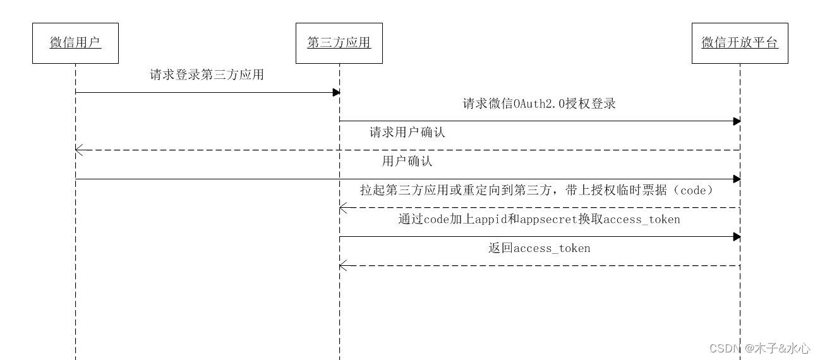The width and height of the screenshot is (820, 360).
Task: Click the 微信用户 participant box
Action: pos(75,43)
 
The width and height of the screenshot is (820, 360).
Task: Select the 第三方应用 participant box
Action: pos(339,43)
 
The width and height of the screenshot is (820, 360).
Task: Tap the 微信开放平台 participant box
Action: pos(740,43)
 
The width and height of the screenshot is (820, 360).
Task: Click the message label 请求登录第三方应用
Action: pos(207,75)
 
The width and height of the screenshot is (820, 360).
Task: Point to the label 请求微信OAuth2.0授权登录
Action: pos(539,104)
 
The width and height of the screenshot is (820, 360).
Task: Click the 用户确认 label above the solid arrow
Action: pos(407,161)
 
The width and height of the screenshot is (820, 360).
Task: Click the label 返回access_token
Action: pos(539,248)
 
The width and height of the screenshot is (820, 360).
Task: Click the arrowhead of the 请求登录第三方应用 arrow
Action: pos(337,93)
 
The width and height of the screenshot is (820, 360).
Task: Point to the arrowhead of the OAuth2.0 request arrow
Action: pos(737,121)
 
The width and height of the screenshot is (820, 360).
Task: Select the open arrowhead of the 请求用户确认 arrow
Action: pos(78,150)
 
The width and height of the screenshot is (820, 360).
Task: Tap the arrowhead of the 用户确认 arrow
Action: pos(737,179)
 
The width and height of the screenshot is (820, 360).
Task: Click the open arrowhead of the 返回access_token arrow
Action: pos(342,266)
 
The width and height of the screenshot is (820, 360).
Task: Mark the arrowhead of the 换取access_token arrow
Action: pos(737,237)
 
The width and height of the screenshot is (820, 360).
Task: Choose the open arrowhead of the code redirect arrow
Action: pos(342,208)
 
